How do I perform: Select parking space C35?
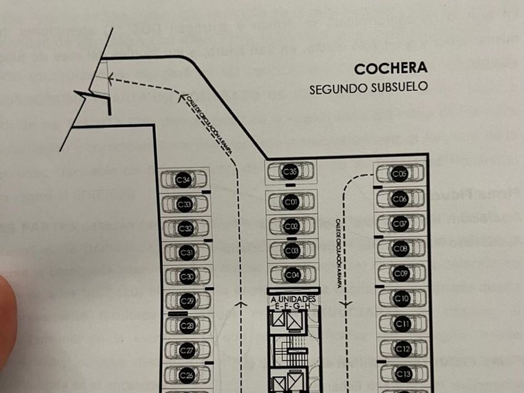click(x=291, y=172)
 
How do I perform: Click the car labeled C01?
click(x=291, y=202)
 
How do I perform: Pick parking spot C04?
click(x=291, y=274)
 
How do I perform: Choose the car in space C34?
click(x=183, y=180)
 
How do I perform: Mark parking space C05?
click(x=400, y=173)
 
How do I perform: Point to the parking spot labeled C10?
click(x=402, y=299)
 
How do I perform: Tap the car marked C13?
click(x=404, y=374)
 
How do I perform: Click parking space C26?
click(x=187, y=376)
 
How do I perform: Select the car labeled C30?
click(x=187, y=277)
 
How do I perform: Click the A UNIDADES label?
click(x=293, y=300)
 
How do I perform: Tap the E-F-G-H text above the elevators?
click(x=293, y=307)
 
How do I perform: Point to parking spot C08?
click(x=401, y=250)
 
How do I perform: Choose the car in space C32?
click(x=185, y=229)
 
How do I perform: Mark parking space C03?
click(x=291, y=250)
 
